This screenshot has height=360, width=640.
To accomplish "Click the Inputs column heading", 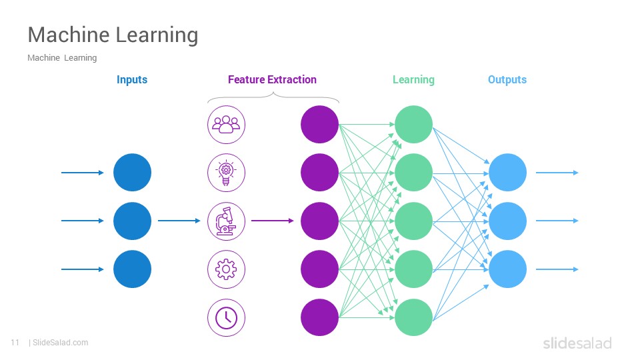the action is tap(132, 79).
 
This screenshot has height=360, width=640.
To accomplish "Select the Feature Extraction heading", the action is tap(272, 79).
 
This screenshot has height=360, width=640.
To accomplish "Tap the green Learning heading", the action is tap(413, 80).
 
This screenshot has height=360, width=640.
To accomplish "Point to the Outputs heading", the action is tap(507, 80).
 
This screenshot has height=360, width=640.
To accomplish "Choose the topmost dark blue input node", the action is tap(132, 172).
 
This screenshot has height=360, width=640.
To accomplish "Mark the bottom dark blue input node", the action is tap(132, 269).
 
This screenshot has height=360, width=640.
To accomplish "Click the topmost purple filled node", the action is tap(319, 125).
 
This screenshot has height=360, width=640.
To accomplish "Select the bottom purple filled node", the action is tap(319, 317).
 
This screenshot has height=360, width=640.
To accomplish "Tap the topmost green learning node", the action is tap(413, 125).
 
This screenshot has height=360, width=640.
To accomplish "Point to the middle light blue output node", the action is tap(508, 221).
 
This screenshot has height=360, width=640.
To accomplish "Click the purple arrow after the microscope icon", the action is tap(272, 221).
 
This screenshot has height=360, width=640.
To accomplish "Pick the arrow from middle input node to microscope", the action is tap(179, 221).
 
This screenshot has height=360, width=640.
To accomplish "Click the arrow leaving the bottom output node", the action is tap(557, 269).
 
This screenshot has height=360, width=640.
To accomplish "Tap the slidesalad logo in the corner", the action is tap(577, 343).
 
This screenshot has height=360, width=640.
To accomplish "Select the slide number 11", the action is tap(15, 343).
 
